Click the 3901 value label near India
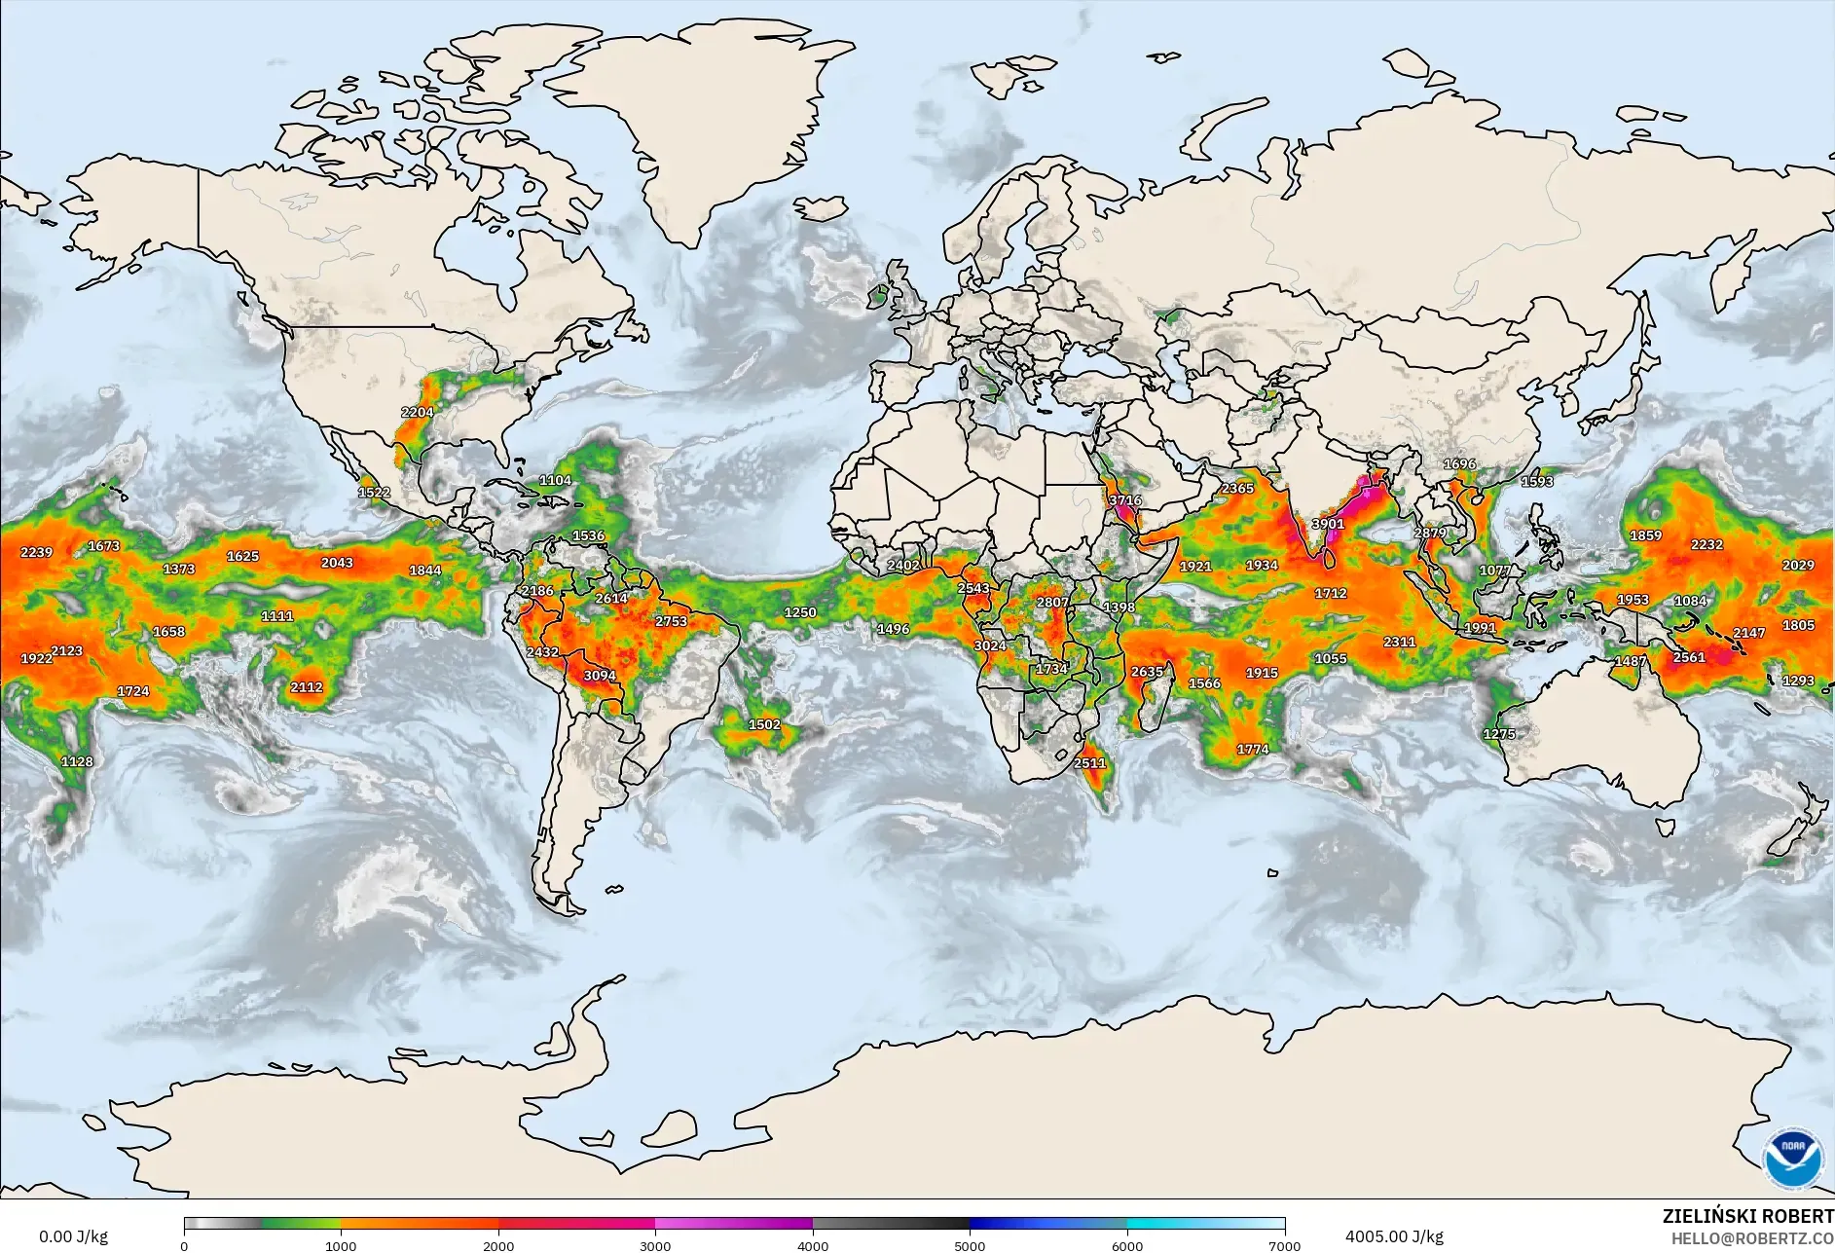tap(1328, 524)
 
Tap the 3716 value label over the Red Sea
tap(1124, 500)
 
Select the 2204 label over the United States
tap(417, 413)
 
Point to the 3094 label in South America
tap(600, 676)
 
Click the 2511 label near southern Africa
tap(1089, 763)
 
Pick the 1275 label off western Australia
tap(1499, 734)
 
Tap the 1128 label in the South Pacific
tap(77, 761)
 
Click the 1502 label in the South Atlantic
tap(764, 724)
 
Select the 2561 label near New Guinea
tap(1689, 657)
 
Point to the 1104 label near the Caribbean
tap(555, 480)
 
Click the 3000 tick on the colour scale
tap(655, 1245)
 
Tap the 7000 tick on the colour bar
tap(1285, 1245)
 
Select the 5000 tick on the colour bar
tap(970, 1245)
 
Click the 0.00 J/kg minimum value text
tap(73, 1236)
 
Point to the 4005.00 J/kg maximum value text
tap(1394, 1236)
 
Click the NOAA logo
tap(1793, 1158)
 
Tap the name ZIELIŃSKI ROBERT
tap(1747, 1216)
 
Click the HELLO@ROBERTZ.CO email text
tap(1752, 1238)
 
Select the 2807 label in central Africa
tap(1051, 603)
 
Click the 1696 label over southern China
tap(1459, 464)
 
